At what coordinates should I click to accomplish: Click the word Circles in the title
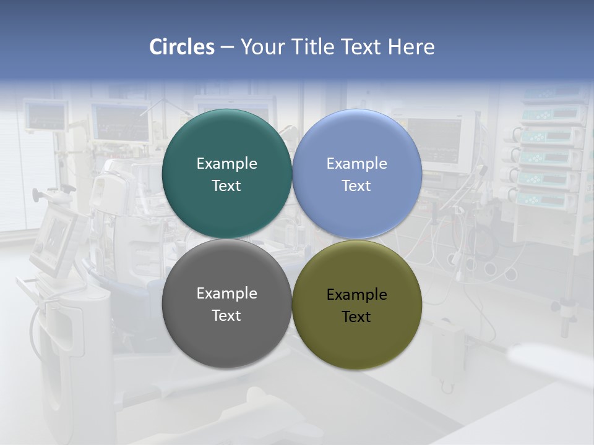point(182,47)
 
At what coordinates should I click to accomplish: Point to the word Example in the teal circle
point(226,164)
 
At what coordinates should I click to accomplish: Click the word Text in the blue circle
point(356,186)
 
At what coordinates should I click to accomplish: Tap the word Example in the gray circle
point(226,294)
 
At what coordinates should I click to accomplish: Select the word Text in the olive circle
point(356,317)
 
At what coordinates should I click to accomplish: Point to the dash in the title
point(227,48)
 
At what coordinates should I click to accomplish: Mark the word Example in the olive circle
point(356,295)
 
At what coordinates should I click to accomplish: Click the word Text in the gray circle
point(226,316)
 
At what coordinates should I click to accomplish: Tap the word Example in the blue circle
point(356,164)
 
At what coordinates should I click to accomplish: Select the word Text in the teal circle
point(226,186)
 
